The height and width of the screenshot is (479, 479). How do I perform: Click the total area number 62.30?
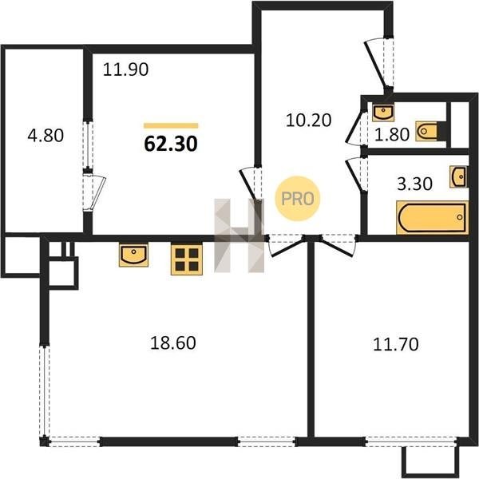coord(171,144)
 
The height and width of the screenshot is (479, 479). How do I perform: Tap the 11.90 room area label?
coord(125,69)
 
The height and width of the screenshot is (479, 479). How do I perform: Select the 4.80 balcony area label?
coord(46,136)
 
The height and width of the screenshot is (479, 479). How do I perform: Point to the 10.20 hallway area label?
coord(308,120)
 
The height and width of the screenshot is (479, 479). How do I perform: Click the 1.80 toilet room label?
coord(392,135)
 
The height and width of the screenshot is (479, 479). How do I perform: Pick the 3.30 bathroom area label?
coord(414,184)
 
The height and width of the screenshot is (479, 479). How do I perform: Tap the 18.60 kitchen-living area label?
coord(173,342)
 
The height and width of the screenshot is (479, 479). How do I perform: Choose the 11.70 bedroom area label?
coord(396,344)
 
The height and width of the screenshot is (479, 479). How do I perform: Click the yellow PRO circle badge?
coord(297,199)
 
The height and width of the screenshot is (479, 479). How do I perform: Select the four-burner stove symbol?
coord(187,259)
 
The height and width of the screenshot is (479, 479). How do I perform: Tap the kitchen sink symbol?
coord(134,255)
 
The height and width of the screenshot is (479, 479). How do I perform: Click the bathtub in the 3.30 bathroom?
coord(432,218)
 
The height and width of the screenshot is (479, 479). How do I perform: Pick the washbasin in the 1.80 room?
coord(383,112)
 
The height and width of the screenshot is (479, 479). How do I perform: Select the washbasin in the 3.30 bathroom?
coord(458,176)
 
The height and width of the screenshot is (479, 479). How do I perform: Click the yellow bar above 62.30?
coord(171,125)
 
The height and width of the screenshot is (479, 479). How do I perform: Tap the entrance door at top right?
coord(379,63)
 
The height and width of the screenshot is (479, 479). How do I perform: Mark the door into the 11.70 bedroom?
coord(338,244)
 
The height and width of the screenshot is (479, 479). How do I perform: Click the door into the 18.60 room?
coord(285,245)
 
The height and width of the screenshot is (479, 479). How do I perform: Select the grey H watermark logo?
coord(239,236)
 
